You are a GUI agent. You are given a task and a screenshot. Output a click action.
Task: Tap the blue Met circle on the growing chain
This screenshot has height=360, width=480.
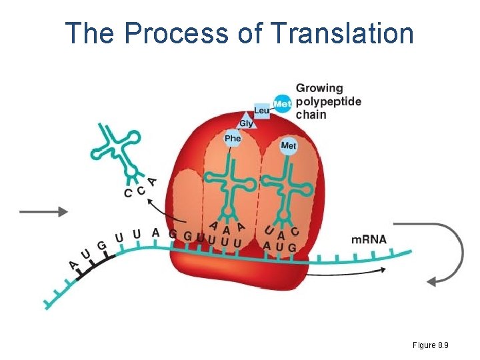point(283,103)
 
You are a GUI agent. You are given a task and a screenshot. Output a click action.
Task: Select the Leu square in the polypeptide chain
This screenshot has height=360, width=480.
point(262,111)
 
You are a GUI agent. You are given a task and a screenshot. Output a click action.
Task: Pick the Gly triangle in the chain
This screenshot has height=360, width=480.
point(247,123)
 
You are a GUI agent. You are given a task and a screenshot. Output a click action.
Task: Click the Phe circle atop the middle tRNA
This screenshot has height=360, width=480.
point(232,139)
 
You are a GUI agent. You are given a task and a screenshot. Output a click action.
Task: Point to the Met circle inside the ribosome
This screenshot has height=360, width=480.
point(289,145)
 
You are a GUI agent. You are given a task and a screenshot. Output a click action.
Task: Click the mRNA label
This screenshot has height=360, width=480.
point(369,239)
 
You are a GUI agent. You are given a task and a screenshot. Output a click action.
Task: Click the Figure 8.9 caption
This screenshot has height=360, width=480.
point(430,345)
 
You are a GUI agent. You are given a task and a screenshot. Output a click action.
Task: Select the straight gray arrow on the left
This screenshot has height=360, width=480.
point(44,211)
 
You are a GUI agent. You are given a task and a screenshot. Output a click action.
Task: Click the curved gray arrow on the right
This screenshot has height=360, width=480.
point(445,253)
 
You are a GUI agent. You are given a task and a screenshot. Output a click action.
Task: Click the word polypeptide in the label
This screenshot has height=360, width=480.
point(329,101)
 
